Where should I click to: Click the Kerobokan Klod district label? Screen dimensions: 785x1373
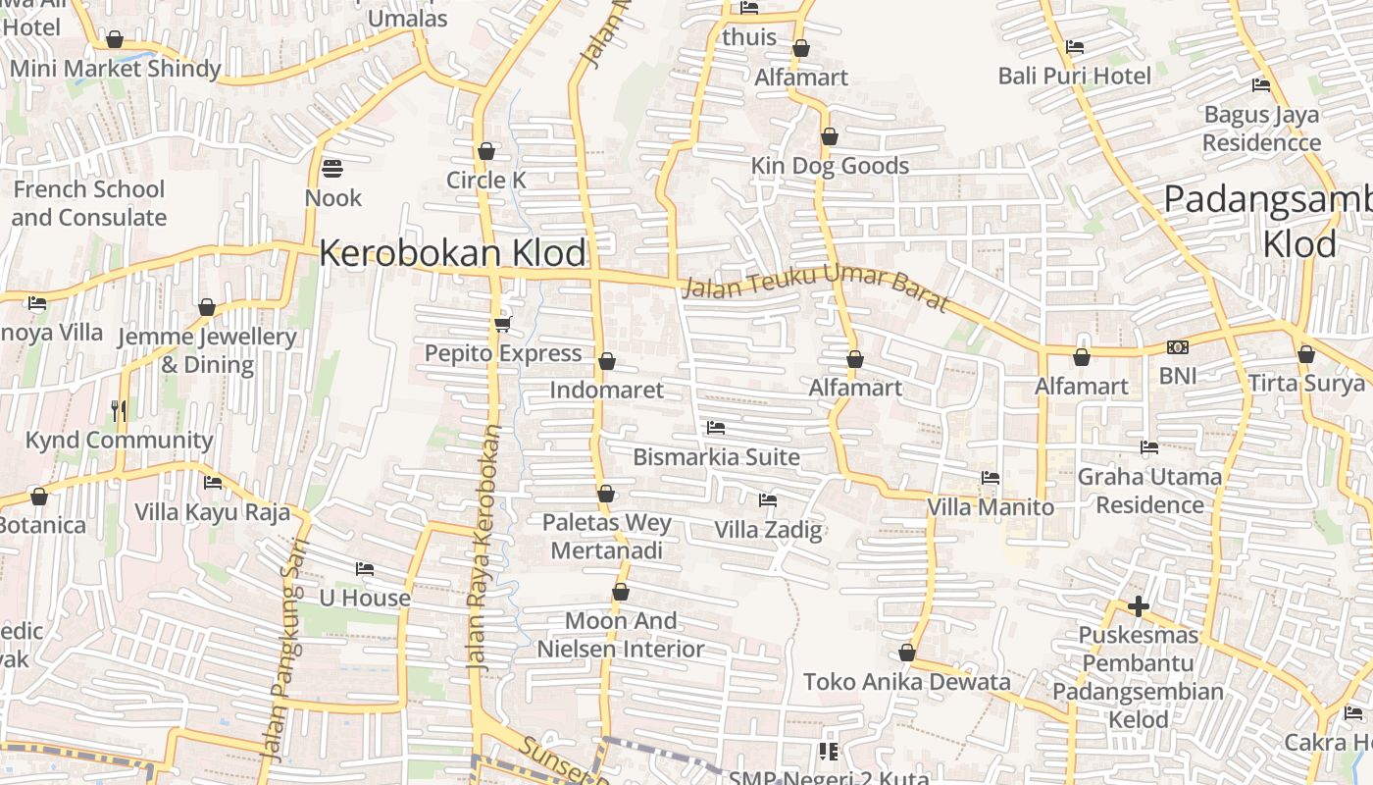coord(453,253)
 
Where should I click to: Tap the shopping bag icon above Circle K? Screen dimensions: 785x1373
coord(485,151)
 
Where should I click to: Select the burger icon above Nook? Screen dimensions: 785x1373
coord(332,168)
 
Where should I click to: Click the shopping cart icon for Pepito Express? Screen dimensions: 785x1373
coord(502,323)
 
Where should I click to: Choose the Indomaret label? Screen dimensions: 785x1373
coord(606,390)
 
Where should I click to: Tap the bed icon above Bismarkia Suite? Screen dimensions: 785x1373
coord(716,428)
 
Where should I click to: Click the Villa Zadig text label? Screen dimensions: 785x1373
coord(768,530)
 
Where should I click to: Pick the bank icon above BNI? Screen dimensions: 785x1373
coord(1178,347)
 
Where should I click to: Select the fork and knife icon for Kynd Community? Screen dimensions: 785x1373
coord(120,410)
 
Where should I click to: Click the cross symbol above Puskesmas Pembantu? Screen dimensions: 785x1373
coord(1138,606)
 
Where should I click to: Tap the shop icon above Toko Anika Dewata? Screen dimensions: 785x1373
coord(907,653)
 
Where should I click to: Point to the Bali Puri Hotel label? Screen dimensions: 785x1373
coord(1075,76)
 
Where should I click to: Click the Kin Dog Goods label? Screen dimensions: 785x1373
coord(830,166)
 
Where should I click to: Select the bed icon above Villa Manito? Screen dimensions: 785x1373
coord(991,478)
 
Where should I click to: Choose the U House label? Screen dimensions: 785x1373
coord(365,598)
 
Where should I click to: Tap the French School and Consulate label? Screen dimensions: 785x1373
coord(89,203)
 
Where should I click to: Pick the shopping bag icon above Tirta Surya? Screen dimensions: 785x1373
coord(1305,354)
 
